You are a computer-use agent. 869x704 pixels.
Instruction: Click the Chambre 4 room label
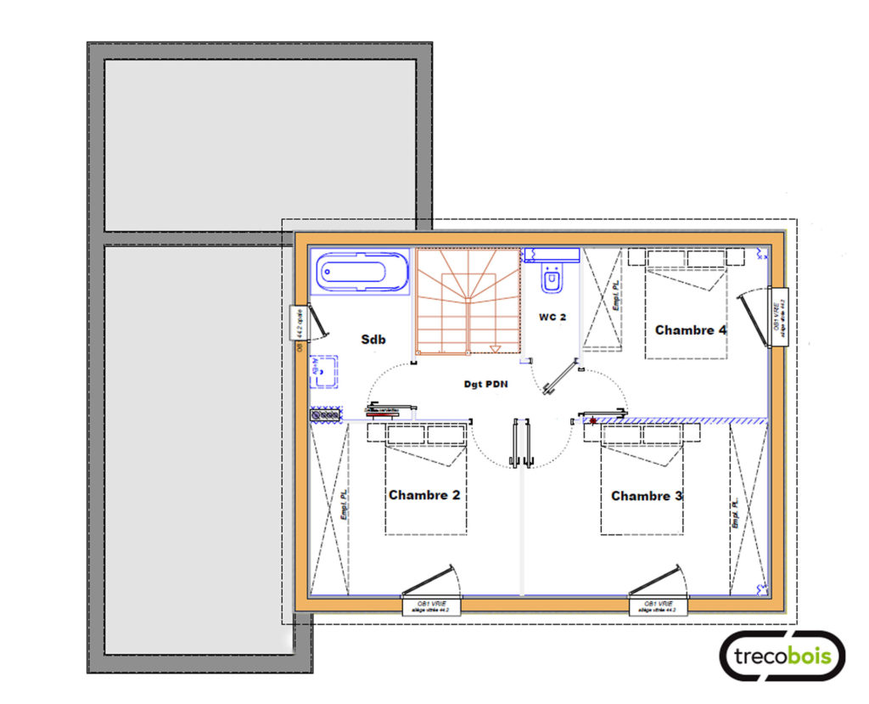690,329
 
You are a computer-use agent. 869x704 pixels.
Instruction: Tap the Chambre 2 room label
423,494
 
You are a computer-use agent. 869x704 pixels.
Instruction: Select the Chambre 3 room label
647,495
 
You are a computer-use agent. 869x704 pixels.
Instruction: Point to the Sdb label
373,340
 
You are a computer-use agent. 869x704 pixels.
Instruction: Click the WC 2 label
552,317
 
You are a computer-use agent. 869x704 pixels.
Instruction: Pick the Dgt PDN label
485,384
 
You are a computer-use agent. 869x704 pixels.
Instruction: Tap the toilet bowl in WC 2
552,279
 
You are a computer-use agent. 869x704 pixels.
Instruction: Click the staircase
467,301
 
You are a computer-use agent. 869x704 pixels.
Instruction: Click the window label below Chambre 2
430,605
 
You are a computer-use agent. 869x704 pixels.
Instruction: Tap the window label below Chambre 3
658,605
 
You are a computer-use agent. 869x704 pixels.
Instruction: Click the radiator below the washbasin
325,414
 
